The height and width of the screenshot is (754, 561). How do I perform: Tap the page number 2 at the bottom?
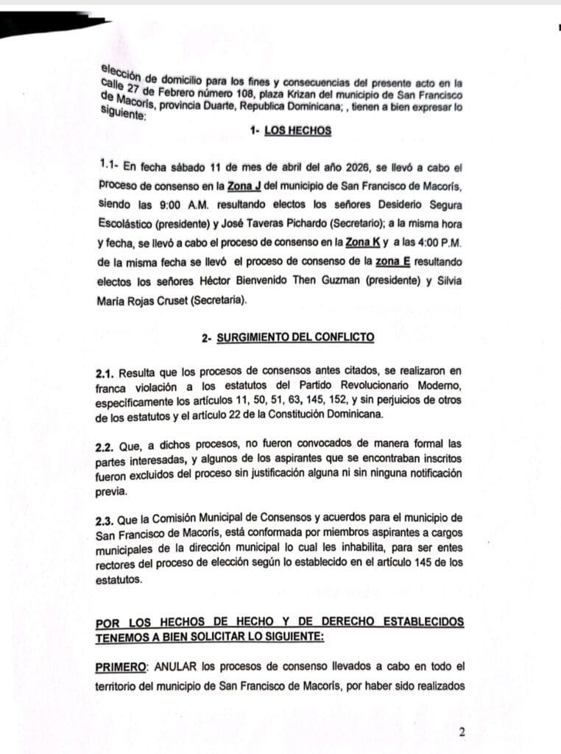click(x=462, y=732)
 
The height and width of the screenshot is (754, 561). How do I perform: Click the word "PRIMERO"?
click(x=121, y=667)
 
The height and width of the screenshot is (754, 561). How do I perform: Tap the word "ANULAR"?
click(x=173, y=667)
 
